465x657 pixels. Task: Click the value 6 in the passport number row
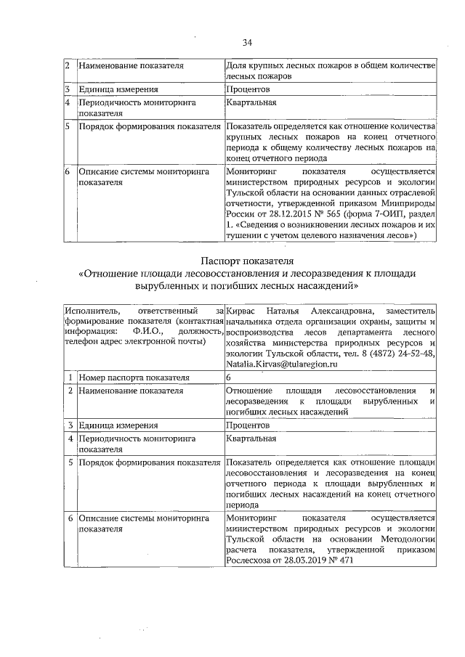[x=229, y=378]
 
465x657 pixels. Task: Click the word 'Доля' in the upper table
[x=237, y=65]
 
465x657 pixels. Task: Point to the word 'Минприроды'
[x=408, y=204]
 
